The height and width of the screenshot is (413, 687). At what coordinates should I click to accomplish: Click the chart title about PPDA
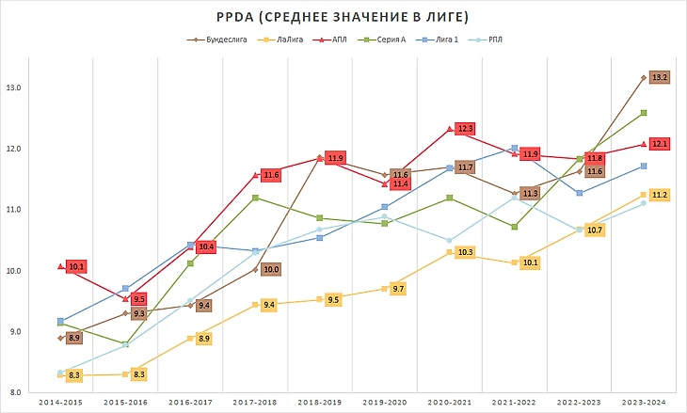[343, 17]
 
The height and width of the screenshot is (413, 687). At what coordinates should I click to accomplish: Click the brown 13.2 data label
[660, 77]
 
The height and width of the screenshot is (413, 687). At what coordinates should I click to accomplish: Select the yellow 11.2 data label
[660, 195]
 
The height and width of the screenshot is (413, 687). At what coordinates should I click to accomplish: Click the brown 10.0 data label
[270, 270]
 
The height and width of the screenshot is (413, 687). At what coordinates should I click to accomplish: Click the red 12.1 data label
[660, 144]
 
